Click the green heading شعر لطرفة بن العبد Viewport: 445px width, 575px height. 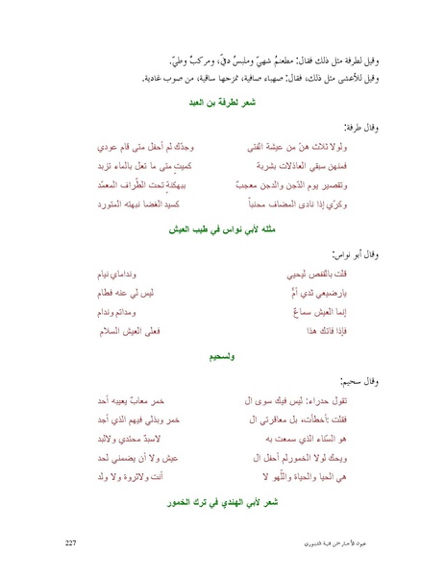(x=222, y=101)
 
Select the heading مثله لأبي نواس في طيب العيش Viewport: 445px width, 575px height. (x=222, y=228)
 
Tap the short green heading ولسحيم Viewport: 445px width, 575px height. (x=222, y=355)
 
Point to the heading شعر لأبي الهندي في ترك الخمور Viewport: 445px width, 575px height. (x=222, y=500)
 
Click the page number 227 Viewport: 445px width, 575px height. (x=68, y=544)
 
